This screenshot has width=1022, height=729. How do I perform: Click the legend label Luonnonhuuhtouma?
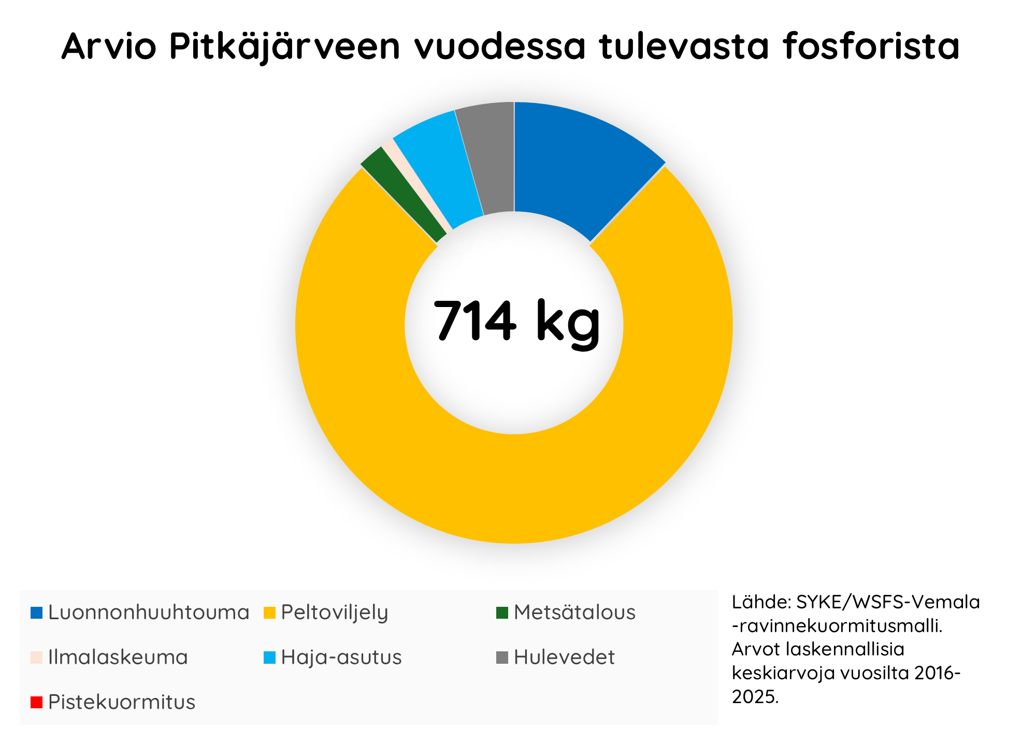(x=149, y=613)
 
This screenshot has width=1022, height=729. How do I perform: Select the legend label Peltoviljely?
(x=334, y=613)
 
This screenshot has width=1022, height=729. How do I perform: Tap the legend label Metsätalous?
(x=574, y=613)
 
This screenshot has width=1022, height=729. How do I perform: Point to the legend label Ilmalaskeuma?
(x=118, y=658)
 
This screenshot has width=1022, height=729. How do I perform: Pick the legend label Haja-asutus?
(x=341, y=658)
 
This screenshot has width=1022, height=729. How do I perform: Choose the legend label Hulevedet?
(x=564, y=658)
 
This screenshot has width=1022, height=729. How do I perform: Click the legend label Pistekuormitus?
(x=121, y=702)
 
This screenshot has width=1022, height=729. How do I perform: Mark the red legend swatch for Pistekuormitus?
(x=36, y=702)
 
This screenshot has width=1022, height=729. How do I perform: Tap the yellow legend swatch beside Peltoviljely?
(x=269, y=613)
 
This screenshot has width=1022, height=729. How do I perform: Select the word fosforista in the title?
(x=871, y=47)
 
